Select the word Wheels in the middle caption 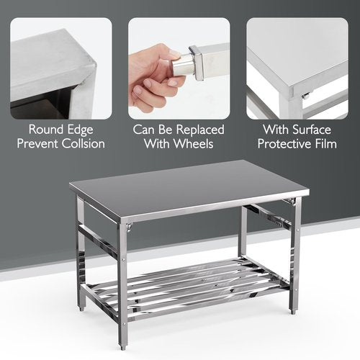(194, 144)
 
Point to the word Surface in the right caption (312, 130)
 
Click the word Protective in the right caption (287, 144)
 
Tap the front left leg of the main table (81, 252)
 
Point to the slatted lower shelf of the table (191, 281)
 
